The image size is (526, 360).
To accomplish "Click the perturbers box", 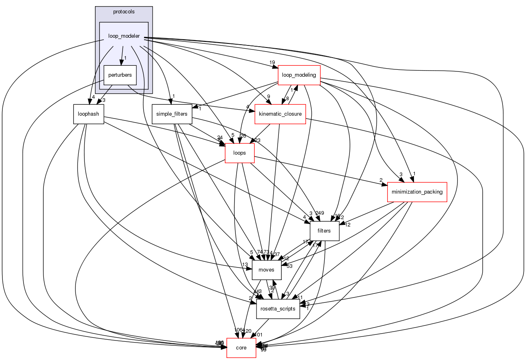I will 120,75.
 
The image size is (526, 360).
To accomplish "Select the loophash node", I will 88,114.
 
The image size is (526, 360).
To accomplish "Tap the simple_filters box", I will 172,114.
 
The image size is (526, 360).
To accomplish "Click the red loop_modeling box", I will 299,75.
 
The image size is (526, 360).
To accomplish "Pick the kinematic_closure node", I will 280,114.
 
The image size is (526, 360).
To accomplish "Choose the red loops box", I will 239,153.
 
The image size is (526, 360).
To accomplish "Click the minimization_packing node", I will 417,192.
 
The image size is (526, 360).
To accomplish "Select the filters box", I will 324,231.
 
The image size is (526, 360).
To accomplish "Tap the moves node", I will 267,270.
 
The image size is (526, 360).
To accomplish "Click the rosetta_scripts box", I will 278,309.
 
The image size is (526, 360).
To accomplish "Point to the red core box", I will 241,348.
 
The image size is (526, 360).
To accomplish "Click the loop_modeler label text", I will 124,36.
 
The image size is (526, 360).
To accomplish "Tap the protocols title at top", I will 124,11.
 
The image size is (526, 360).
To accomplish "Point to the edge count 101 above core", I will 258,335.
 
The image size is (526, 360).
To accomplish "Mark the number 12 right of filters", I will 347,224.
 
